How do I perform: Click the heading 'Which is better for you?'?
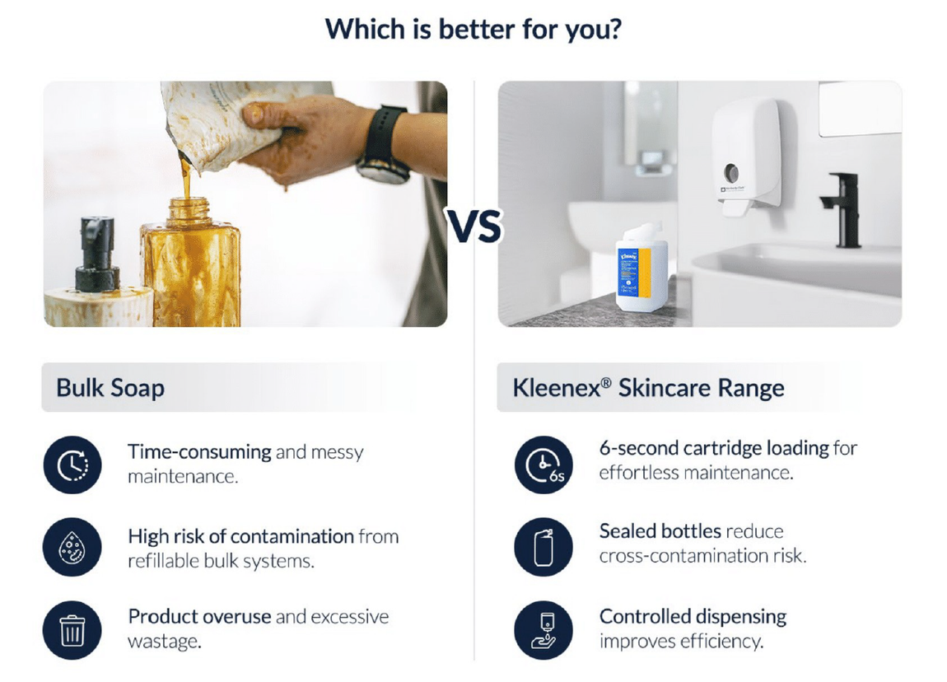tap(473, 29)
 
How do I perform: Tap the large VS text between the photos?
tap(474, 227)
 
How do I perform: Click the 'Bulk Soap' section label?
tap(110, 388)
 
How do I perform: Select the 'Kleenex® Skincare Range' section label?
tap(648, 388)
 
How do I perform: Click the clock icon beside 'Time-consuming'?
tap(72, 465)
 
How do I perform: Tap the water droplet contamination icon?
tap(72, 547)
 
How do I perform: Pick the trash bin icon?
tap(72, 630)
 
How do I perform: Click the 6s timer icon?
tap(543, 465)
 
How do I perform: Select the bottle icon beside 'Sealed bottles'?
tap(543, 547)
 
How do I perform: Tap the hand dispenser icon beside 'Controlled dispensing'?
tap(543, 630)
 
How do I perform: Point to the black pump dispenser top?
tap(96, 254)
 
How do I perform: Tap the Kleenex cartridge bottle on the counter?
tap(642, 268)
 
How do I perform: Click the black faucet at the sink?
tap(842, 209)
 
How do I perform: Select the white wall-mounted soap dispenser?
tap(747, 157)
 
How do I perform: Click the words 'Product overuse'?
tap(199, 617)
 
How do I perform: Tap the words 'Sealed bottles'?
tap(660, 531)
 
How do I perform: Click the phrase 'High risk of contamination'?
tap(241, 536)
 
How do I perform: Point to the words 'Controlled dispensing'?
tap(693, 617)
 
